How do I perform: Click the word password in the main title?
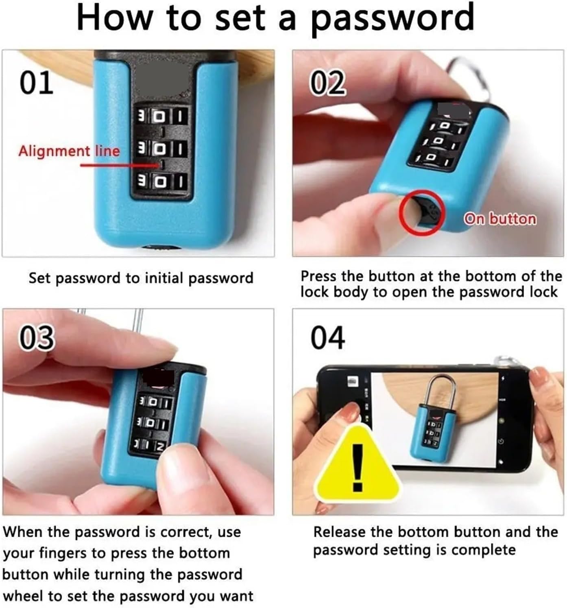pyautogui.click(x=392, y=19)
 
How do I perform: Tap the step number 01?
pyautogui.click(x=37, y=82)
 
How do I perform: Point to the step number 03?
pyautogui.click(x=37, y=338)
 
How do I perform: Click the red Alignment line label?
pyautogui.click(x=69, y=151)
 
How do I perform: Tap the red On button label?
pyautogui.click(x=500, y=219)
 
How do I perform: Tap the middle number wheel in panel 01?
pyautogui.click(x=161, y=149)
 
